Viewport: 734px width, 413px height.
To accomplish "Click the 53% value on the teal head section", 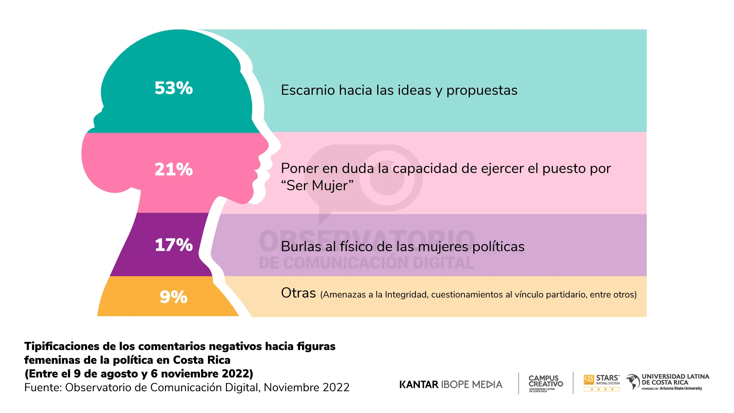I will (x=174, y=88).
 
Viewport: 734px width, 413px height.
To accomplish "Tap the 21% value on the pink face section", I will (x=174, y=169).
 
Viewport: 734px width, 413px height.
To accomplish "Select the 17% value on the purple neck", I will (x=174, y=245).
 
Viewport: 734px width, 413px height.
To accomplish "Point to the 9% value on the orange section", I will (x=174, y=297).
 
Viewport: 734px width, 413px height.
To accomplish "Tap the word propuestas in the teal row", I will (x=482, y=91).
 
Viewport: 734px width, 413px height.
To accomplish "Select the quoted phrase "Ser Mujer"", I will (x=317, y=185).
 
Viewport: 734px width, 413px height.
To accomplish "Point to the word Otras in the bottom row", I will (x=298, y=293).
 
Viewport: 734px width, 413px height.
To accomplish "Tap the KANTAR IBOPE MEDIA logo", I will (x=451, y=384).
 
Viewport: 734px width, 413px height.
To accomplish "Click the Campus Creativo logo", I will (x=546, y=382).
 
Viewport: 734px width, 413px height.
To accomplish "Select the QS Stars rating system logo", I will (x=601, y=382).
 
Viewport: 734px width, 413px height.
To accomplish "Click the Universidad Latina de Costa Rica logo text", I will (x=675, y=379).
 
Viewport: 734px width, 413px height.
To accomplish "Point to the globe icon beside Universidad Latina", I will (x=633, y=382).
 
